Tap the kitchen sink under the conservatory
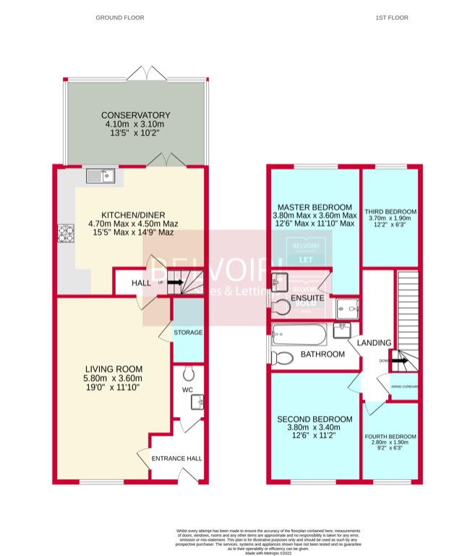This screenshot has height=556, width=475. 100,175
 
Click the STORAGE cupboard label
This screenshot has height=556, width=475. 188,332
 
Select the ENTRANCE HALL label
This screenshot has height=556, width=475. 176,458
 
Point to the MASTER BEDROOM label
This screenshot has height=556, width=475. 314,206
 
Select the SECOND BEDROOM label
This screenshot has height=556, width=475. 315,419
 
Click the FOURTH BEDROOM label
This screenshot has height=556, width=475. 391,437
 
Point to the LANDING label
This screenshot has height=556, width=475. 375,342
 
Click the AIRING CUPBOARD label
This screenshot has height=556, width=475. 403,387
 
